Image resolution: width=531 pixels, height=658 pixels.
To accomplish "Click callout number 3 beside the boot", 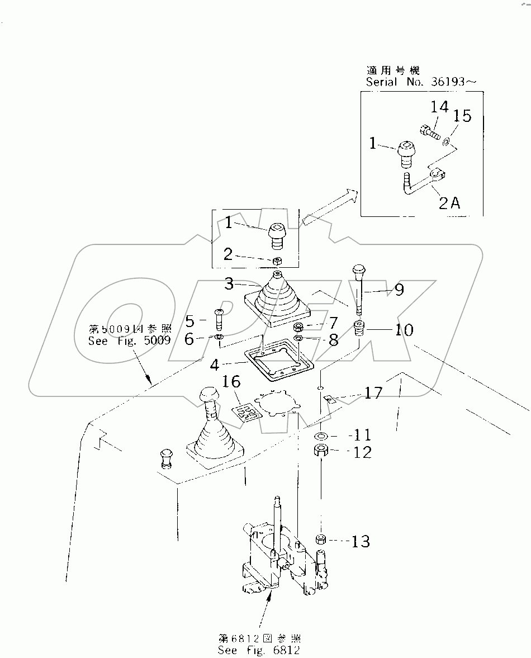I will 229,284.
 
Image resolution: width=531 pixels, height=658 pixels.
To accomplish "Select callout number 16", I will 231,382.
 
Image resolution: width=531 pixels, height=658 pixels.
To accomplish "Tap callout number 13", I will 361,541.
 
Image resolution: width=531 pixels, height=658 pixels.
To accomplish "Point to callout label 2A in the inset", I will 448,205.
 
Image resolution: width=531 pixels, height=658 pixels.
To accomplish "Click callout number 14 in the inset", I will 439,107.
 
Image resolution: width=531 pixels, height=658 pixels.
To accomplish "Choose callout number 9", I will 399,290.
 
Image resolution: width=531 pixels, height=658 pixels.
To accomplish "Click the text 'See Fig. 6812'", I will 259,650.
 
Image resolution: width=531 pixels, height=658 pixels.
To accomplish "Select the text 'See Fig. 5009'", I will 129,340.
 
